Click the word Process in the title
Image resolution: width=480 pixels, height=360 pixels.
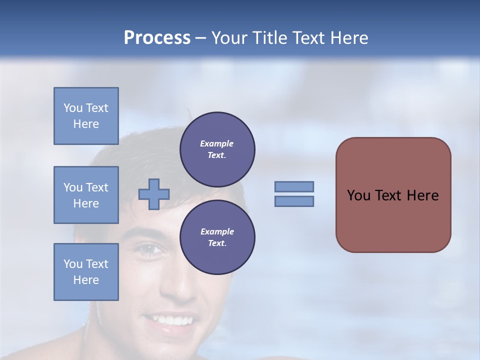point(157,38)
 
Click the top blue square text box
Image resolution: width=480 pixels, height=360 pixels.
point(86,116)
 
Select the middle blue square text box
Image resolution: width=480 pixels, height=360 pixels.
point(86,195)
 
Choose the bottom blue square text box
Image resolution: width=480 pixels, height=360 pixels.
point(86,272)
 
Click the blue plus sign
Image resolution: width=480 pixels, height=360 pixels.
point(154,194)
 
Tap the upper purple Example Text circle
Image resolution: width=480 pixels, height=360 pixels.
point(217,149)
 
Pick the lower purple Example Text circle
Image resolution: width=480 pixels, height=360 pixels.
point(217,237)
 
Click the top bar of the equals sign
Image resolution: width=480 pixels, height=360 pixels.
point(294,186)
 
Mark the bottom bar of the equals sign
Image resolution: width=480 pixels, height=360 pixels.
point(294,201)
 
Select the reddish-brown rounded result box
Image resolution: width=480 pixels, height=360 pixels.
point(393,195)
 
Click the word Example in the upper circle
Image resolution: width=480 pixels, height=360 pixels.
point(217,143)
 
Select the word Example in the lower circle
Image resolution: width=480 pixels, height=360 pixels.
point(217,231)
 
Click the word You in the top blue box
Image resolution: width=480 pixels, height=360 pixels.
point(72,108)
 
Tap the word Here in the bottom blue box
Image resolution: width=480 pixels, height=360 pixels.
point(86,280)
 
